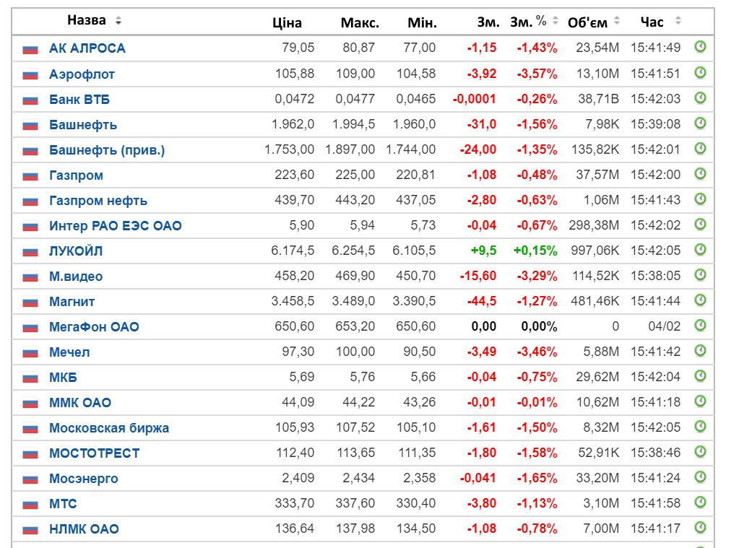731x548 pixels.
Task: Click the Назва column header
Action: coord(87,20)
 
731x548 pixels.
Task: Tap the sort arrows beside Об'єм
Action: coord(617,20)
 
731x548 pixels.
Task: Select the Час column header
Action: coord(652,22)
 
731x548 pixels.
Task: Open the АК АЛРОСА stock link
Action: coord(87,48)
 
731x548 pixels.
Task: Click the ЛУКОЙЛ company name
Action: coord(76,251)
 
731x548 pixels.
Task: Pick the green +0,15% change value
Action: coord(535,251)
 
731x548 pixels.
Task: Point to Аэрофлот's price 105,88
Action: coord(295,74)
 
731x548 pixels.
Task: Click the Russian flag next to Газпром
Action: coord(30,175)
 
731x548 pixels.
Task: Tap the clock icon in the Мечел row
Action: coord(700,350)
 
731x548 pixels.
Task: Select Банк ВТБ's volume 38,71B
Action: coord(599,99)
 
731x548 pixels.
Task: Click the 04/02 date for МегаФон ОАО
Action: coord(665,326)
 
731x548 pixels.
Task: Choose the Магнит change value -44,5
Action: coord(482,301)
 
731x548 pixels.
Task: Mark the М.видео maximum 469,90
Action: coord(355,276)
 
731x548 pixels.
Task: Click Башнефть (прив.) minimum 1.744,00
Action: coord(411,149)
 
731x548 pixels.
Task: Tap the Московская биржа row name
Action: coord(109,427)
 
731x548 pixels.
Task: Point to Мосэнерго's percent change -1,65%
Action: coord(537,478)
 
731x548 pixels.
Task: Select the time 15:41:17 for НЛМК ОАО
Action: coord(655,529)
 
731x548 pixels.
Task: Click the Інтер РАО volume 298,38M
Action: coord(594,225)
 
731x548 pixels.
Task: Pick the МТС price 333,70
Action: coord(295,503)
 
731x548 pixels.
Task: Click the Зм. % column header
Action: coord(528,22)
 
